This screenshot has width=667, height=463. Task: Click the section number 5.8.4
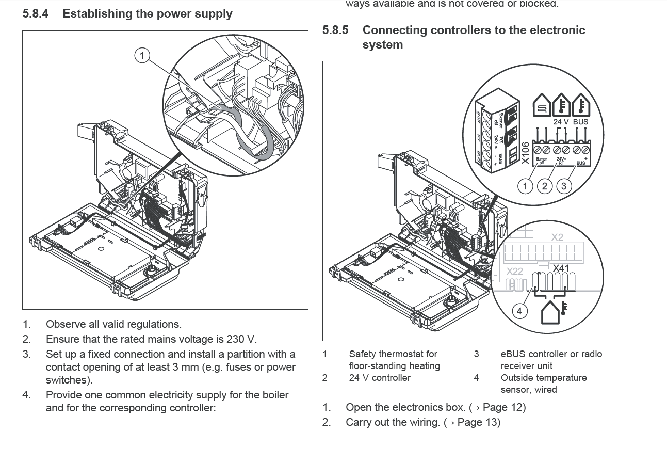click(x=36, y=14)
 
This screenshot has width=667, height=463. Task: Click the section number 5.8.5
click(x=335, y=30)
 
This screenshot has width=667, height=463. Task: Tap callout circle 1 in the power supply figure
click(x=142, y=55)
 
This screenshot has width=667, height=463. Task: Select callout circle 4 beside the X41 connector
click(x=519, y=311)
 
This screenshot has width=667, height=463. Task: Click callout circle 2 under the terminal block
click(x=544, y=186)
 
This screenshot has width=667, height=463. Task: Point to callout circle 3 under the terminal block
click(x=563, y=186)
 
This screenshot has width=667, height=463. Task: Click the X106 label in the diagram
click(x=525, y=153)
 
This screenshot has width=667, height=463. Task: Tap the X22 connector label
click(x=514, y=271)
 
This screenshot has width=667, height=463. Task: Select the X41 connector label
click(x=561, y=268)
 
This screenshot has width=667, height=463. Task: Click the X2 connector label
click(x=557, y=237)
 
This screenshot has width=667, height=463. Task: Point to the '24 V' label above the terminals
click(x=561, y=122)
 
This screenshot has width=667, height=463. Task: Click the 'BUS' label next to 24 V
click(x=580, y=122)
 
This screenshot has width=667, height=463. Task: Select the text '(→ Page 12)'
click(x=497, y=407)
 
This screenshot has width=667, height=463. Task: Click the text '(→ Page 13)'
click(x=471, y=422)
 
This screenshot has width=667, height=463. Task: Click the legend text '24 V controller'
click(x=380, y=378)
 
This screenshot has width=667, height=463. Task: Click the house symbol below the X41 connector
click(x=550, y=313)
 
